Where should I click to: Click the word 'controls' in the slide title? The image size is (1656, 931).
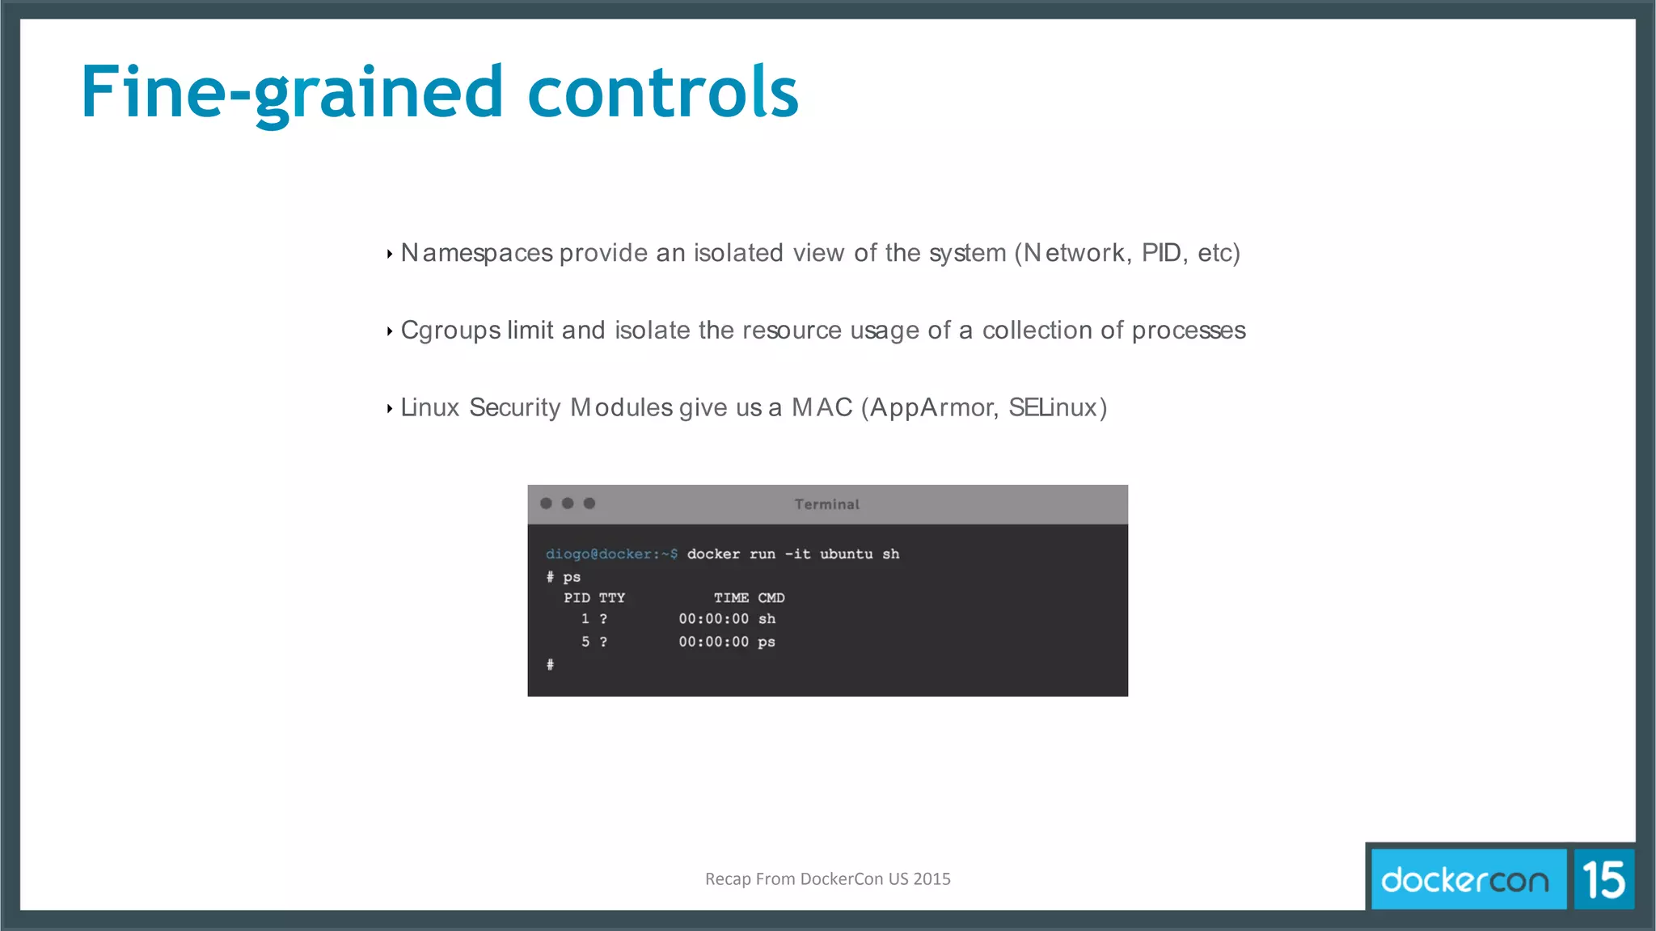663,92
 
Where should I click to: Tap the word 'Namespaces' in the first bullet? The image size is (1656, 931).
477,254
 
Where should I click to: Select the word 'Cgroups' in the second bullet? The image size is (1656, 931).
450,331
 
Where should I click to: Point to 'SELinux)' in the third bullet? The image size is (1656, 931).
1058,407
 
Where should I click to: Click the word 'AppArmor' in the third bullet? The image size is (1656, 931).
931,407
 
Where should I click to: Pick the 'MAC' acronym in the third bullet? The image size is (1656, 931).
822,407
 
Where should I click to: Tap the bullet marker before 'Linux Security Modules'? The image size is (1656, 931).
390,409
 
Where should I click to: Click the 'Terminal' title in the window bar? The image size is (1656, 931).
826,504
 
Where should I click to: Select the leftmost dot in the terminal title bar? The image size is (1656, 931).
546,503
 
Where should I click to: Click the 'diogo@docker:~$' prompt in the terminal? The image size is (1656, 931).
611,554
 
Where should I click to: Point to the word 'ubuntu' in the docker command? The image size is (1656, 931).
846,554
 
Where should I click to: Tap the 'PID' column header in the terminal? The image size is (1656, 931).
577,598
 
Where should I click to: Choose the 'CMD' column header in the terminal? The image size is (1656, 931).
771,598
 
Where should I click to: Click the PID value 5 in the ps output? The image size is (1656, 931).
585,642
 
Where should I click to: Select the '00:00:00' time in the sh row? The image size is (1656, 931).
713,619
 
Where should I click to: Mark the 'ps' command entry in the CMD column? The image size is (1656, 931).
767,642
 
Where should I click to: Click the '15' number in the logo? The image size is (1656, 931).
1603,880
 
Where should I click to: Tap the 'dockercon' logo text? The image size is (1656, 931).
1464,880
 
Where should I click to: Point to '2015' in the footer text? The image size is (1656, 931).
931,879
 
